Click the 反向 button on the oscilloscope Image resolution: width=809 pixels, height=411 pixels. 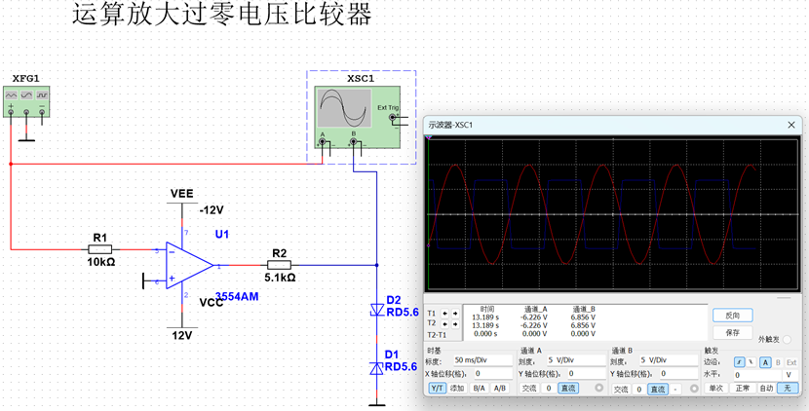pos(732,316)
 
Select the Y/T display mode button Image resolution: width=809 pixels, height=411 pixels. pos(438,388)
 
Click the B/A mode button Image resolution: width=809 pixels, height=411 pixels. pos(479,388)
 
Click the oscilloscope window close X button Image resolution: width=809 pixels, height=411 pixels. pos(794,124)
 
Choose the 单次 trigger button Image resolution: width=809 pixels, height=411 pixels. pos(715,388)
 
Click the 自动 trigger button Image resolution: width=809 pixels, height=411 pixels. pos(766,388)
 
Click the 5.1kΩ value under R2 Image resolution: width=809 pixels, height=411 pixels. pos(280,277)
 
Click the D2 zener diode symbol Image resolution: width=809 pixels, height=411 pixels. pos(376,311)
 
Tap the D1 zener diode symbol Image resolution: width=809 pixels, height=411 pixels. pos(376,368)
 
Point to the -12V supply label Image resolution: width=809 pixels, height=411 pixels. pos(212,209)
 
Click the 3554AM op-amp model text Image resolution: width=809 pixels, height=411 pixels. pos(237,297)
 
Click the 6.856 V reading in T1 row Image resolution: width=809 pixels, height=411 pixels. pos(584,317)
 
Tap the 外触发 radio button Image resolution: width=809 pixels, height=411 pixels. pos(787,340)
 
